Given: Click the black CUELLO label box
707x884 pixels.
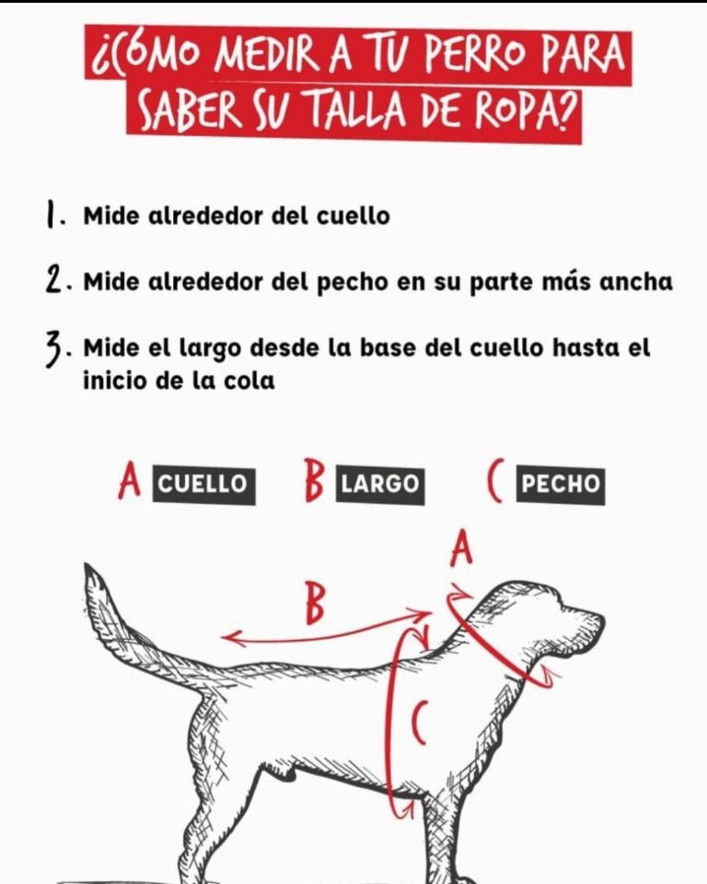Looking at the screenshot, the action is [203, 484].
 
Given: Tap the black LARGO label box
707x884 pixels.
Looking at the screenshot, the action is [380, 484].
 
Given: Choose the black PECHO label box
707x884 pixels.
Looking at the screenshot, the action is [561, 484].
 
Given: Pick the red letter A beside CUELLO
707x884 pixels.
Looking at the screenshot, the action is [130, 482].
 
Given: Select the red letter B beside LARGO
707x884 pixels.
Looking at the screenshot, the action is [314, 481].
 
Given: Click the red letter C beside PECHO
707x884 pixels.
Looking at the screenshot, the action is [494, 482].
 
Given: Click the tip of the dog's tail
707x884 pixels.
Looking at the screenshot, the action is [88, 565].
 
